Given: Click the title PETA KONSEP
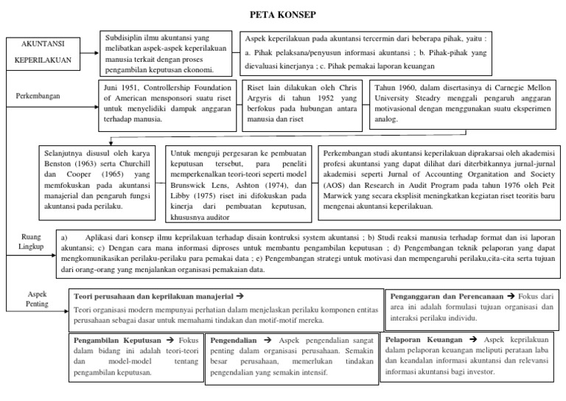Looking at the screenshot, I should click(283, 14).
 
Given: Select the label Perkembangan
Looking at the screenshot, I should click(38, 95).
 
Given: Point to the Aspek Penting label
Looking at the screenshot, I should click(37, 299).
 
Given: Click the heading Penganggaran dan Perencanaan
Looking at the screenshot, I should click(448, 295).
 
